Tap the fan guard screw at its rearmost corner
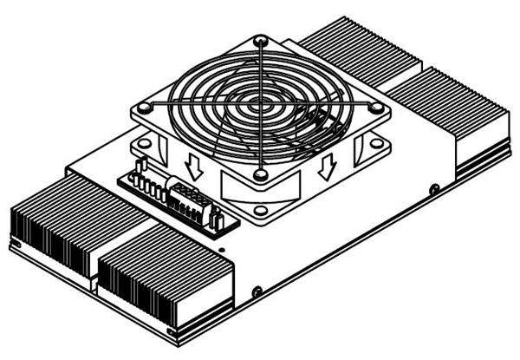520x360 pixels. [260, 40]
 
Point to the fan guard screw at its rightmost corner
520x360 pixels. [377, 106]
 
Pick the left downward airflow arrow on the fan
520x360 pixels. [195, 167]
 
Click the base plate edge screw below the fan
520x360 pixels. [257, 290]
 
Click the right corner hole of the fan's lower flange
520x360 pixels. [377, 142]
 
